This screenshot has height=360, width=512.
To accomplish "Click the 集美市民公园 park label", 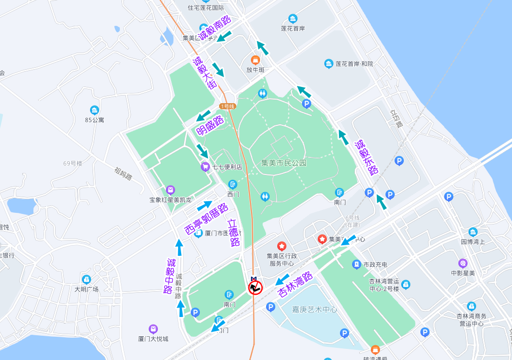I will [x=284, y=163].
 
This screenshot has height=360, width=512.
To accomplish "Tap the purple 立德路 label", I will [x=234, y=232].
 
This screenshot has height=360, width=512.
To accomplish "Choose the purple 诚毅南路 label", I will [x=214, y=28].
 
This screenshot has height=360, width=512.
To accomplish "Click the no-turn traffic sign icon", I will [x=255, y=288].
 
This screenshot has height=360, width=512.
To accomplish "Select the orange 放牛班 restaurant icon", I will [x=255, y=60].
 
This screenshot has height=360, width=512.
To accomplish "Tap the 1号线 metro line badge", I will [x=228, y=106].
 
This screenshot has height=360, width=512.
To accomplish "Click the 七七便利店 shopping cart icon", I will [x=205, y=166].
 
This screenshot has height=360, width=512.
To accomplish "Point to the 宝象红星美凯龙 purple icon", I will [x=170, y=190].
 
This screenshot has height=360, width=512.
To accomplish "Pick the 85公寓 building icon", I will [x=94, y=110].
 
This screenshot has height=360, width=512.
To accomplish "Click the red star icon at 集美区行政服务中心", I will [x=282, y=246].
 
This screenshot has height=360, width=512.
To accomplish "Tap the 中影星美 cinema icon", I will [x=462, y=263].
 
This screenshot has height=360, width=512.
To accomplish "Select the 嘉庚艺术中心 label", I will [x=314, y=309].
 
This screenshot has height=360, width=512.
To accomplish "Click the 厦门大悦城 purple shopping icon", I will [x=153, y=329].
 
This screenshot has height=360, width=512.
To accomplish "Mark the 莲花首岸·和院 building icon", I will [x=329, y=64].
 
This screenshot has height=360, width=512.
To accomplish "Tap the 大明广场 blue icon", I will [x=87, y=279].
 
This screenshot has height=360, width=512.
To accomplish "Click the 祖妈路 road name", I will [x=123, y=173].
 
